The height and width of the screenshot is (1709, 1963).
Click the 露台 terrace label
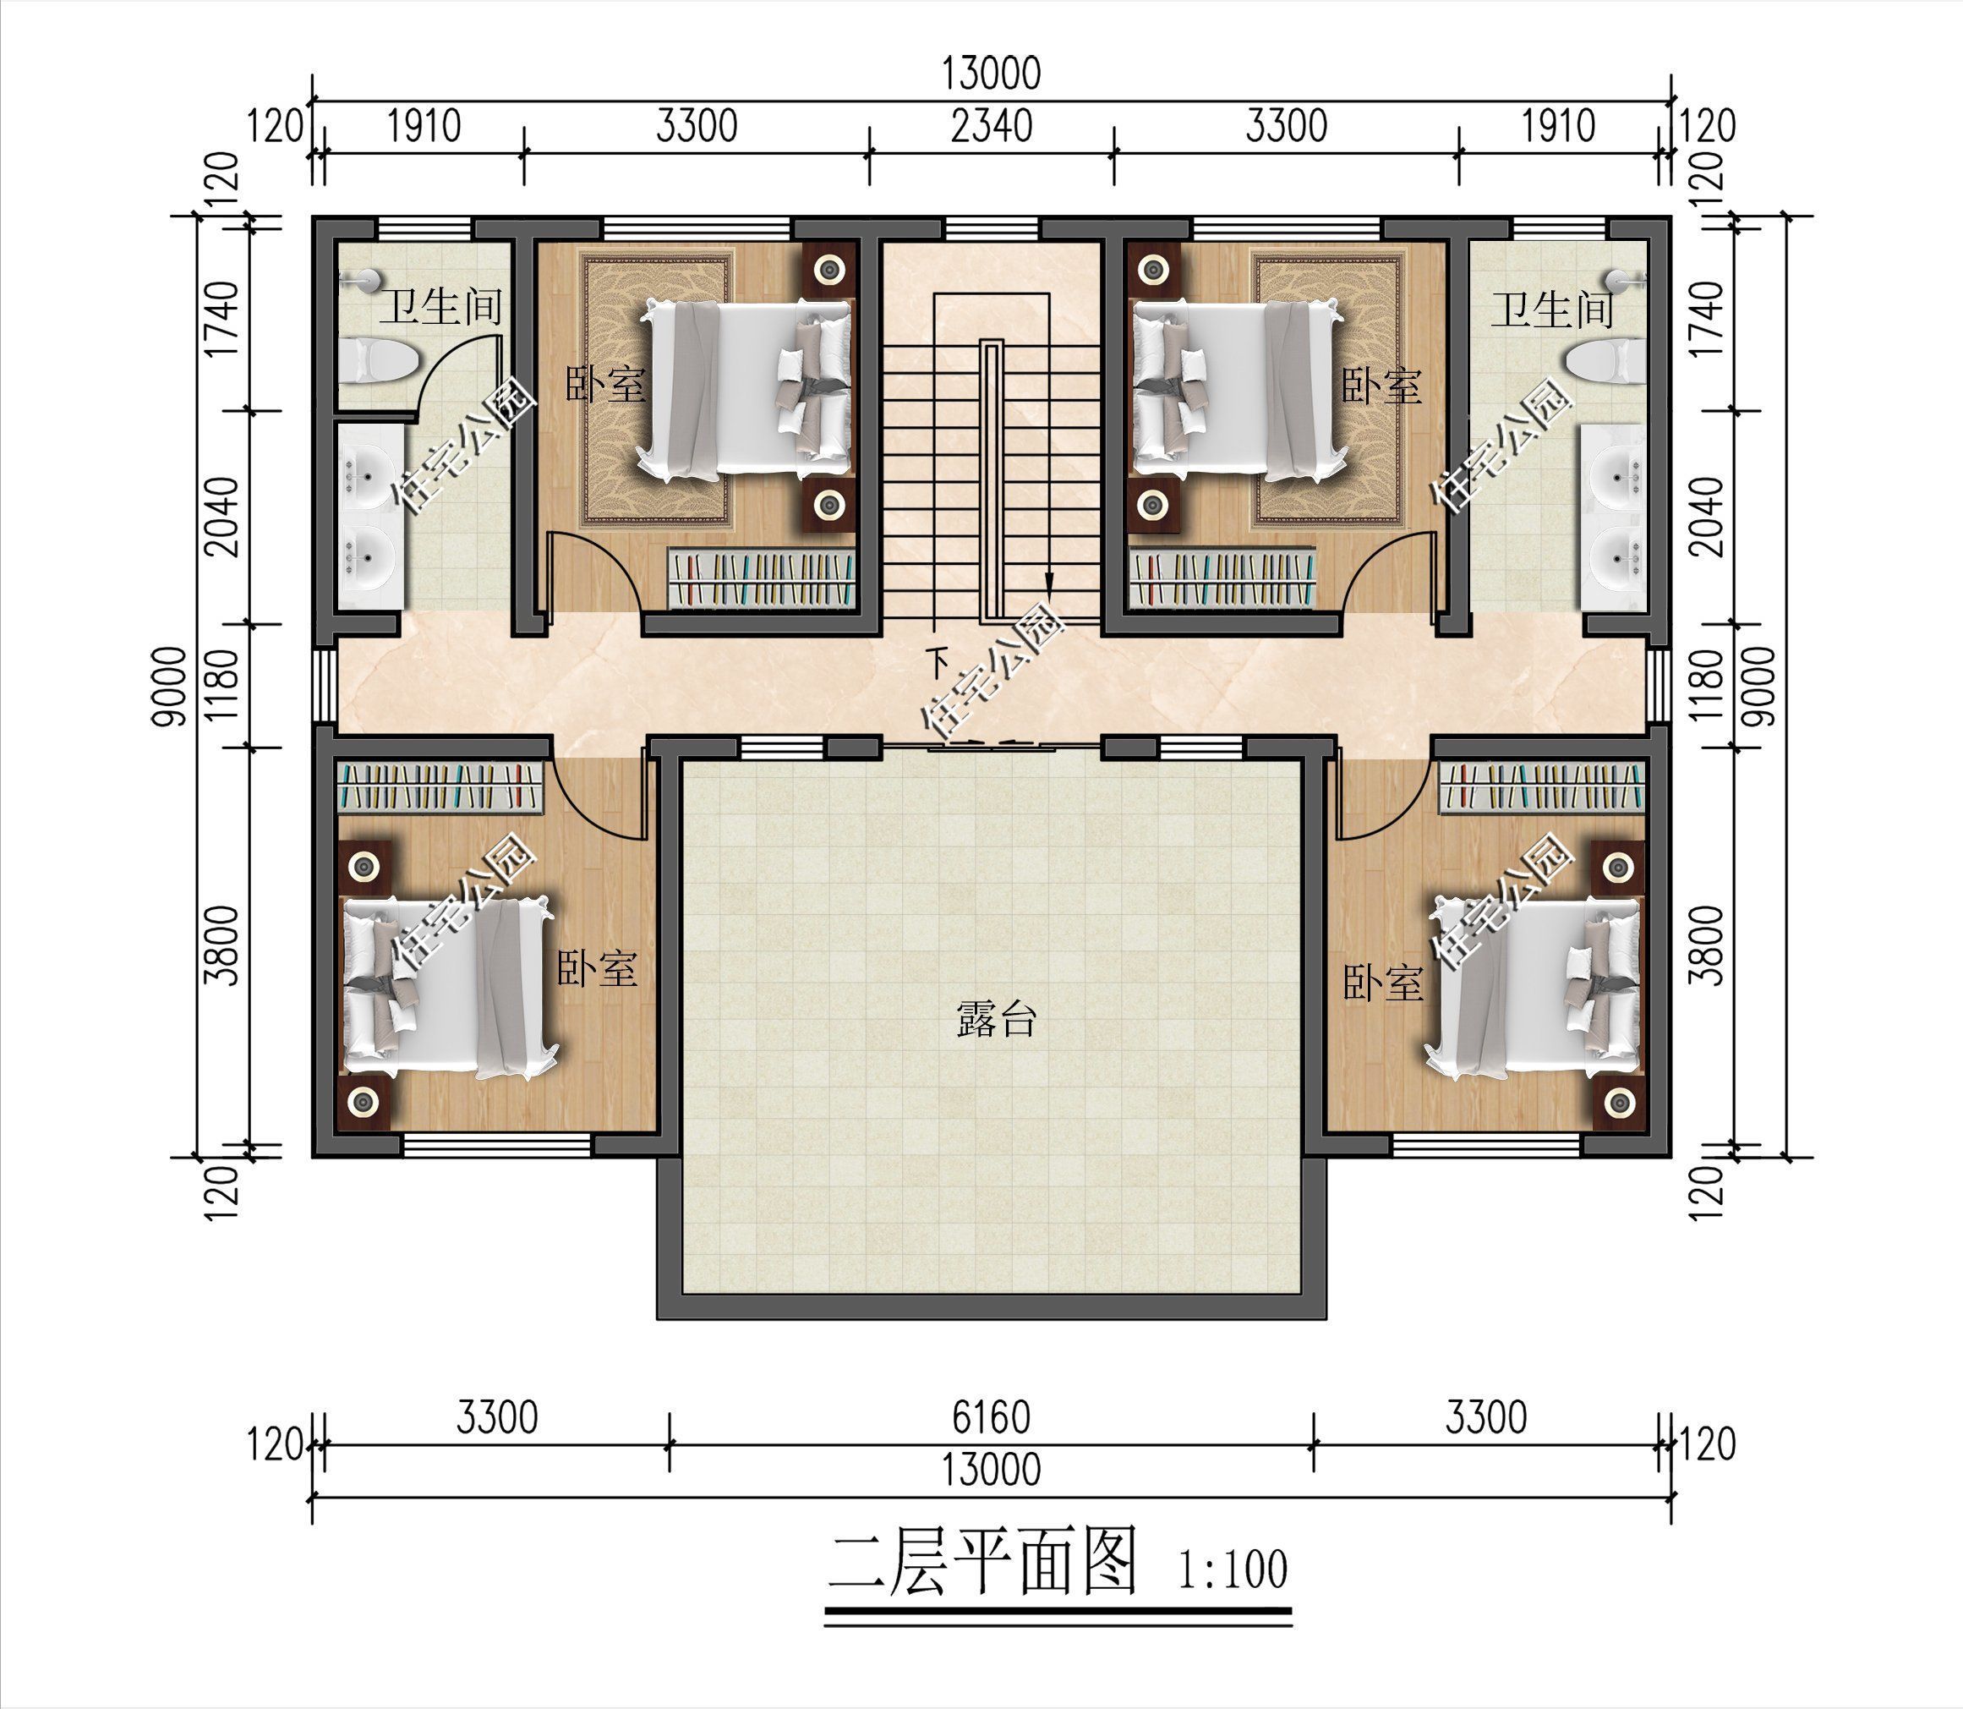click(994, 1020)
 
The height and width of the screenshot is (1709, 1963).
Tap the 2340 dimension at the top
click(992, 126)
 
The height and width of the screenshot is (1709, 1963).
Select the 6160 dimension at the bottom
click(992, 1418)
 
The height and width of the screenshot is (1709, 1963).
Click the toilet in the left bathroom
click(379, 363)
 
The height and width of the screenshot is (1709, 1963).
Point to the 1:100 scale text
click(1232, 1569)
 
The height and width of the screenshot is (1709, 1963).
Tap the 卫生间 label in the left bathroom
click(441, 307)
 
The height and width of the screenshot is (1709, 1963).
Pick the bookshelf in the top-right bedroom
click(1222, 578)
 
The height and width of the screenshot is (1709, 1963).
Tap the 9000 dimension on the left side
click(172, 686)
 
